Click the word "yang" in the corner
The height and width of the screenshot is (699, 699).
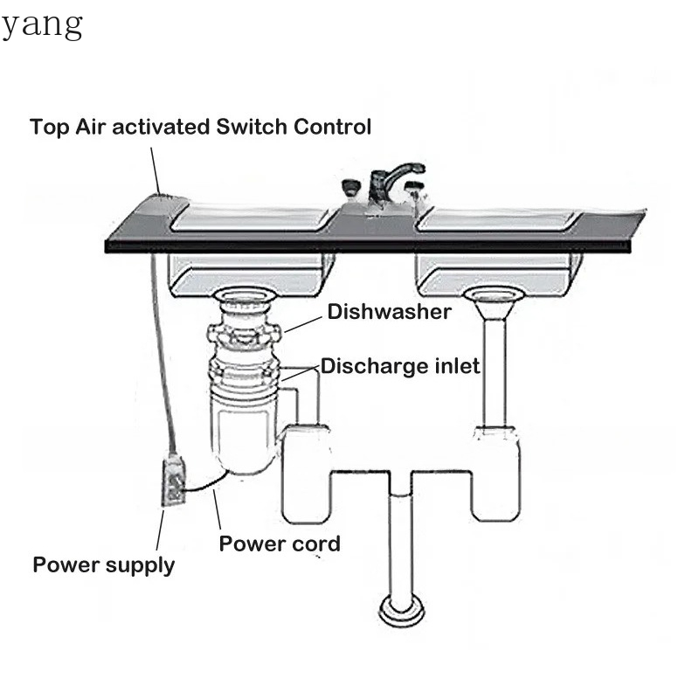point(42,26)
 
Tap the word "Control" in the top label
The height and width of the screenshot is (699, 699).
point(333,127)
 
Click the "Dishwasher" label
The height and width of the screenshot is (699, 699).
point(389,312)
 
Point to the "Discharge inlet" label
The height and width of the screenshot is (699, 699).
point(400,366)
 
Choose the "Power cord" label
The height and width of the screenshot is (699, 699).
point(280,543)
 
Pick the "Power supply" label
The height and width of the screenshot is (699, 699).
point(104,565)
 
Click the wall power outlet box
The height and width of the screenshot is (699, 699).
point(173,480)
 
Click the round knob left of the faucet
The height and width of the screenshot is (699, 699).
point(352,186)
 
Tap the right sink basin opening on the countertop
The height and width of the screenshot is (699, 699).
point(498,218)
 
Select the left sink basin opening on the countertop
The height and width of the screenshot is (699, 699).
point(254,218)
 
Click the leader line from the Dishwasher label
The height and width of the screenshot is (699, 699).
point(303,324)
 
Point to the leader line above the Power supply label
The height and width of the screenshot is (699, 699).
point(160,530)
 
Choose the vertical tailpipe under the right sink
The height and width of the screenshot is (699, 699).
point(495,373)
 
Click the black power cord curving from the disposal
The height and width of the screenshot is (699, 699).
point(206,485)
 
